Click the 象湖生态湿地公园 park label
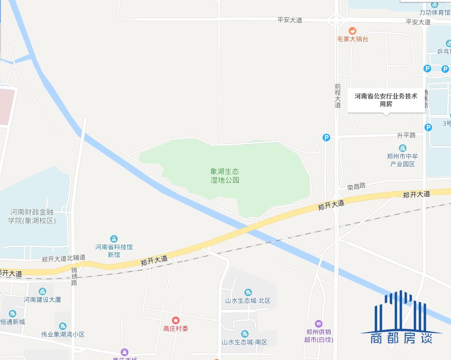pyautogui.click(x=225, y=176)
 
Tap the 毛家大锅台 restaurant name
pyautogui.click(x=352, y=39)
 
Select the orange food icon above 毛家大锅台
pyautogui.click(x=352, y=30)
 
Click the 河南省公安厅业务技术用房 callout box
pyautogui.click(x=386, y=100)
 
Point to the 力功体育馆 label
pyautogui.click(x=434, y=12)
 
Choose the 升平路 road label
pyautogui.click(x=406, y=135)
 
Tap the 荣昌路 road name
pyautogui.click(x=356, y=186)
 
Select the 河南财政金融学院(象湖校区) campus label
pyautogui.click(x=32, y=216)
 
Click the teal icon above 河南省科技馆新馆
pyautogui.click(x=114, y=238)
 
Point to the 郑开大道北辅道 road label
pyautogui.click(x=63, y=259)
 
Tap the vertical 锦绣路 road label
pyautogui.click(x=74, y=276)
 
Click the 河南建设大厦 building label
pyautogui.click(x=42, y=300)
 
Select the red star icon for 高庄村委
pyautogui.click(x=176, y=320)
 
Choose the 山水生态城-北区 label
pyautogui.click(x=248, y=301)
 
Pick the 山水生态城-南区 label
pyautogui.click(x=244, y=342)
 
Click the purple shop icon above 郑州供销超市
pyautogui.click(x=318, y=324)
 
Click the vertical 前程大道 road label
pyautogui.click(x=338, y=95)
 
